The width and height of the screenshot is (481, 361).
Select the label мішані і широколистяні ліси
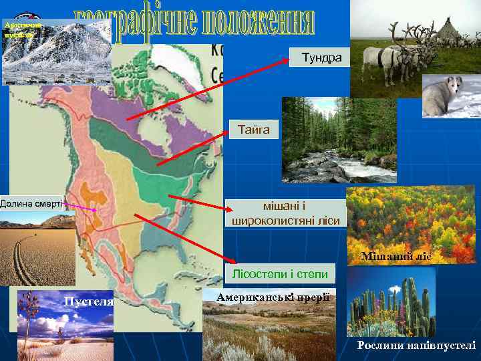[285, 213]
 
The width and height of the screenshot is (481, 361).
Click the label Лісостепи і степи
[280, 273]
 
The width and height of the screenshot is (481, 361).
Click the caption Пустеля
[88, 302]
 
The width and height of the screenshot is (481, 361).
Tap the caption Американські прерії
[274, 296]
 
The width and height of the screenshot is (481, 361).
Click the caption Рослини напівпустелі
[416, 345]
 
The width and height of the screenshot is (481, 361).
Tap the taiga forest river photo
[321, 140]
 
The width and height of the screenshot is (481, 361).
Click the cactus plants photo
[394, 304]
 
